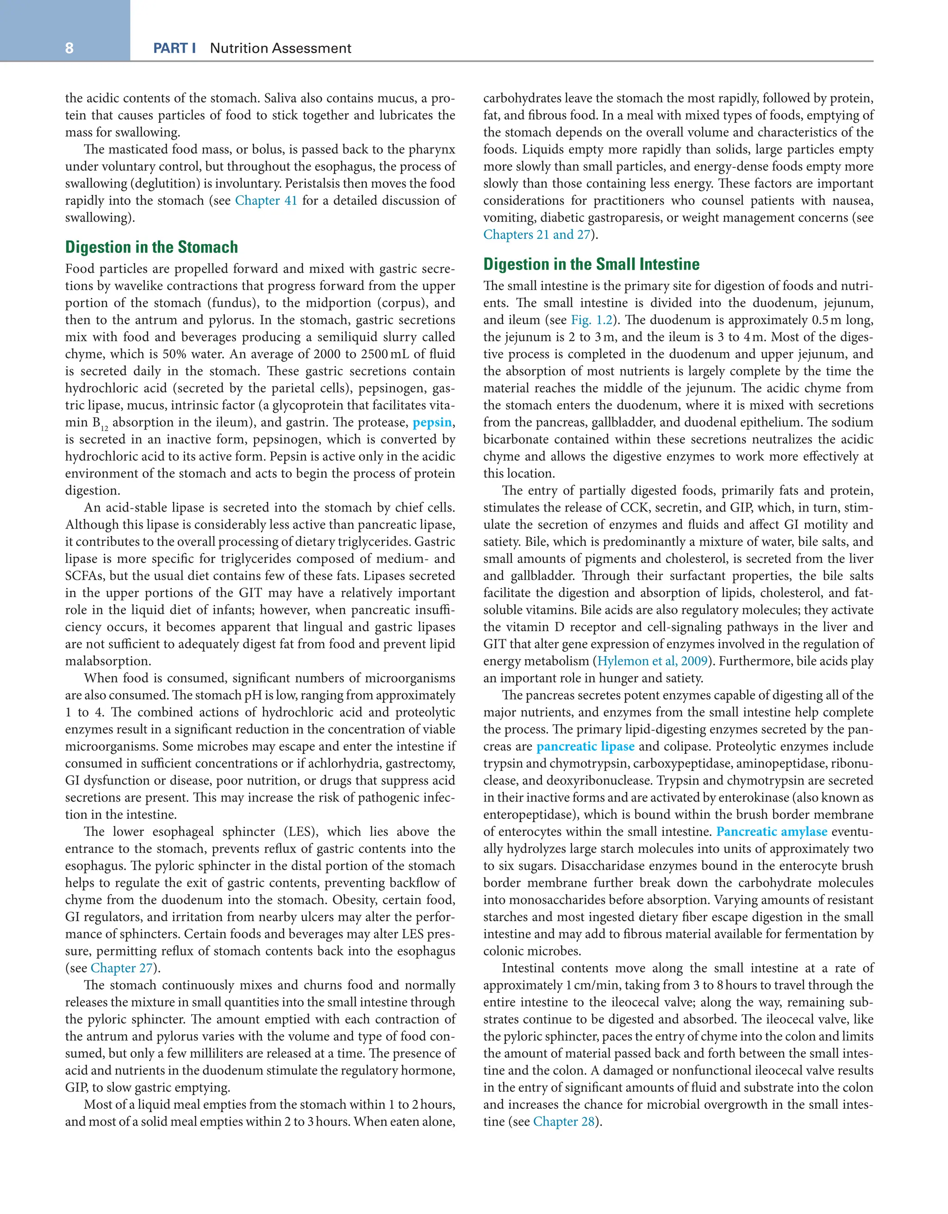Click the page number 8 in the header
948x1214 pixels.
(x=69, y=48)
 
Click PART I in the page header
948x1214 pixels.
(x=175, y=48)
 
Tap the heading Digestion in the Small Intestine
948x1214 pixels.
(x=591, y=264)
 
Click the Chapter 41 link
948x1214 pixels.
(x=266, y=201)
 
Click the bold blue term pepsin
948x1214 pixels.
(x=432, y=423)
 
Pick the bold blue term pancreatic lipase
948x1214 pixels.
(x=586, y=746)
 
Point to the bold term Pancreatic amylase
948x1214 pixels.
(x=771, y=832)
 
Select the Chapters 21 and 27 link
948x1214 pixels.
(x=536, y=234)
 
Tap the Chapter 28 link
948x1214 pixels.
(x=564, y=1122)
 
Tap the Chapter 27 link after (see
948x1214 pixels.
(x=122, y=968)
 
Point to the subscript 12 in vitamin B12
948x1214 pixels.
(x=105, y=429)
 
